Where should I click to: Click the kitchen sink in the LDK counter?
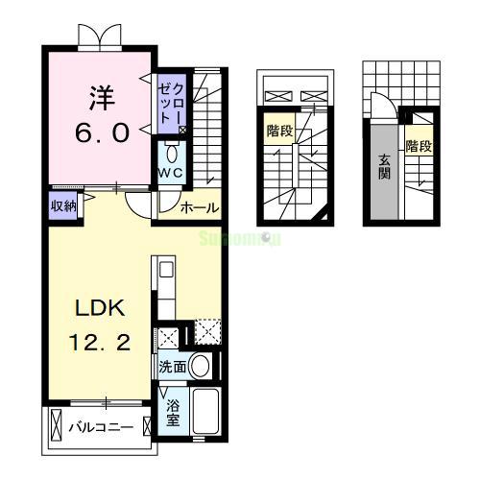(163, 271)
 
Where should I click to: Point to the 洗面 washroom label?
(173, 366)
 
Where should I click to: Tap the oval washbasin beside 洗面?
(201, 365)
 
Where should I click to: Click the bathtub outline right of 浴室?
(208, 412)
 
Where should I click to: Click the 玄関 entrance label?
(384, 168)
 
